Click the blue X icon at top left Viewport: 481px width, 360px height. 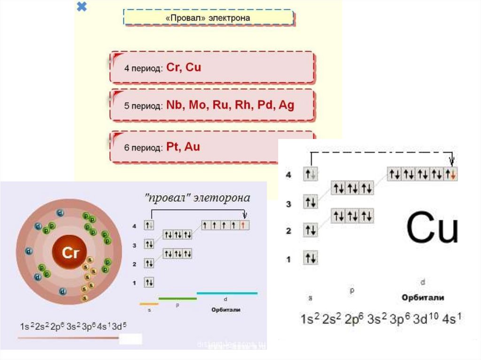[82, 7]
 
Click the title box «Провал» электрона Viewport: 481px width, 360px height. [208, 17]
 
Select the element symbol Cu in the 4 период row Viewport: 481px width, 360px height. [194, 67]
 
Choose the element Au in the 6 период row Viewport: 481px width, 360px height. [192, 147]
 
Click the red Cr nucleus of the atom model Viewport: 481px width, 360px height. [69, 253]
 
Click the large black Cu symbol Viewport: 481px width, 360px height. [432, 229]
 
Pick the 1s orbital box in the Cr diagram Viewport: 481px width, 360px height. [149, 283]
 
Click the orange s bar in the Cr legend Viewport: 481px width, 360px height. [149, 304]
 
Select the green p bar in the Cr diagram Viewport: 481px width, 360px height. [178, 298]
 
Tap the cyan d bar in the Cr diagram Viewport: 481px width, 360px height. [227, 293]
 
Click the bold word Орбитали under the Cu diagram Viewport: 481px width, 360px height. [423, 298]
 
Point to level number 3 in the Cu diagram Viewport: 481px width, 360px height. [289, 204]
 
